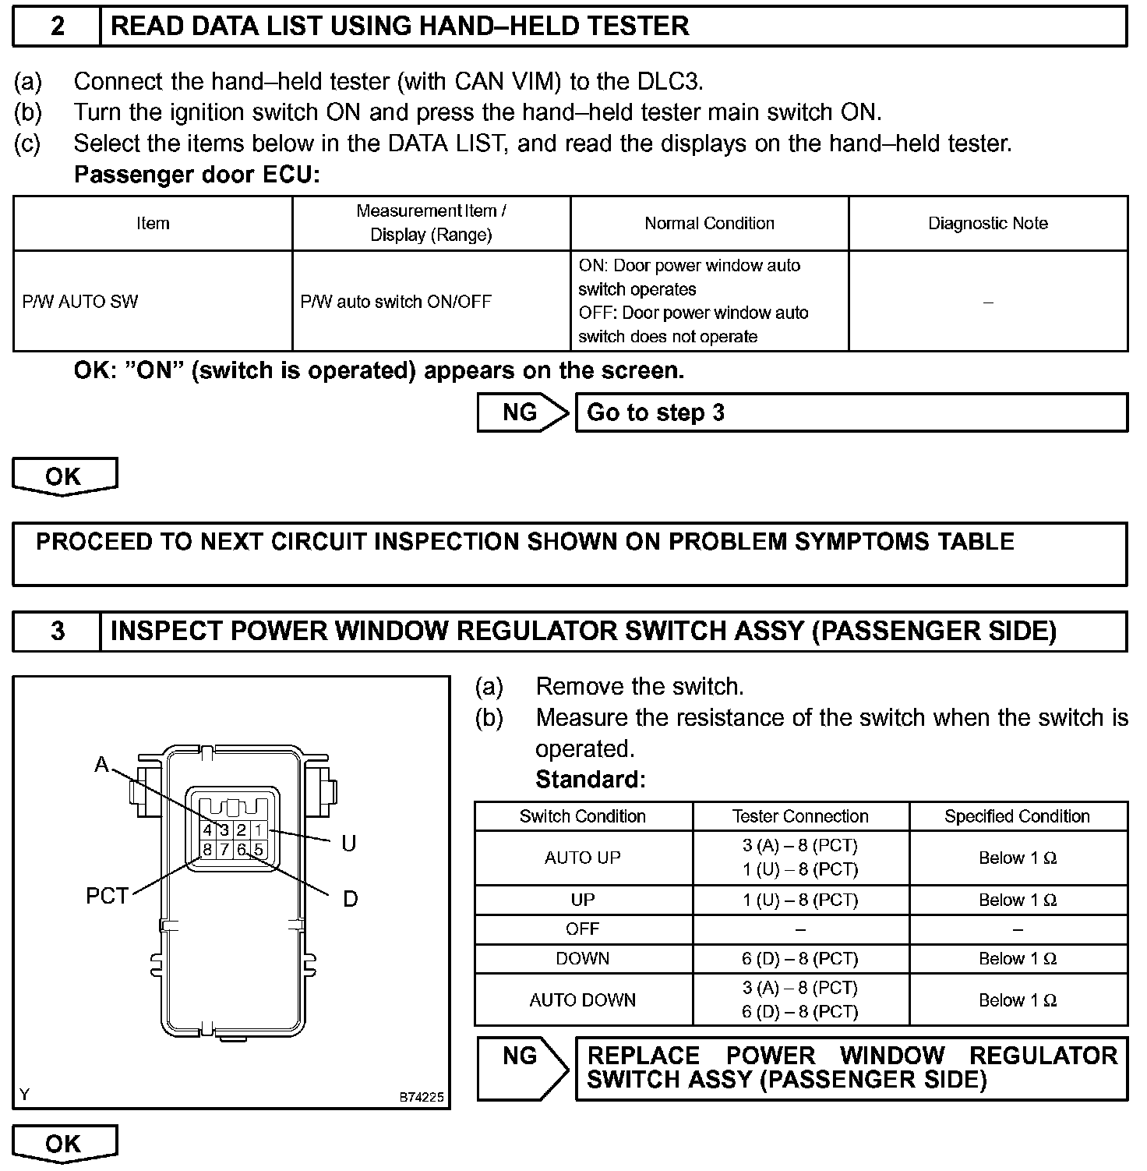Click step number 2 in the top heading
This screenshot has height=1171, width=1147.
tap(57, 27)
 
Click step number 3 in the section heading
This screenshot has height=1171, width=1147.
tap(57, 631)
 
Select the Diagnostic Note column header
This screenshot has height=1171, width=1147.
tap(987, 224)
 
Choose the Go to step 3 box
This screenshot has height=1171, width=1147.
tap(850, 412)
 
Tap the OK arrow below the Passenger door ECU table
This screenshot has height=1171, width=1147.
tap(64, 476)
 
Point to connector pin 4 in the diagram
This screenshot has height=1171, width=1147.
tap(207, 831)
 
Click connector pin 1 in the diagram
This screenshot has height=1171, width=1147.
tap(259, 831)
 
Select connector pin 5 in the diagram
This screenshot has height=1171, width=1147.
tap(259, 849)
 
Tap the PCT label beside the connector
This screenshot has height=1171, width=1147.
tap(107, 897)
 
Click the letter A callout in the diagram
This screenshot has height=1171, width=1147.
tap(101, 765)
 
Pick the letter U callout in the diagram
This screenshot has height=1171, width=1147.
tap(349, 844)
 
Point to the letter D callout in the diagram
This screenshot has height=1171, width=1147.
tap(351, 900)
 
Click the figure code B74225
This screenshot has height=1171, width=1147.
tap(422, 1097)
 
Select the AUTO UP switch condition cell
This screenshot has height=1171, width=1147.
tap(583, 858)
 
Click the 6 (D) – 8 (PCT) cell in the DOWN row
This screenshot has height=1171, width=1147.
tap(800, 959)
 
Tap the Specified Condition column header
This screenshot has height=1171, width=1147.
tap(1017, 816)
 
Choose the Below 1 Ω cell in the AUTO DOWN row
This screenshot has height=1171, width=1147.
tap(1017, 1000)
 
